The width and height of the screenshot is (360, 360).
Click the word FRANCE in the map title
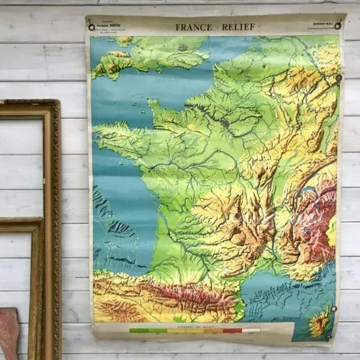point(194,27)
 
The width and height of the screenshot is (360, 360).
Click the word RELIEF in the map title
point(239,27)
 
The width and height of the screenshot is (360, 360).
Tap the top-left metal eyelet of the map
point(91,26)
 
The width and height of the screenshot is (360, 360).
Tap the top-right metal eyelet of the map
point(338,25)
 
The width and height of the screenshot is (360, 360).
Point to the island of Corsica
point(320,325)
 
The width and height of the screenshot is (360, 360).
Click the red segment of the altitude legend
point(232,330)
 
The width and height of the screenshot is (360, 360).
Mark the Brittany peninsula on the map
point(120,132)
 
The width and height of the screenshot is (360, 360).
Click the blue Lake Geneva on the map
point(308,192)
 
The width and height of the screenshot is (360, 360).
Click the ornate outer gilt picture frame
point(55,180)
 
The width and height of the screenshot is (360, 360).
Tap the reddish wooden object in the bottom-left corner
point(8,333)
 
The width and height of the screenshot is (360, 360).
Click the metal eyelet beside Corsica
point(333,308)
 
